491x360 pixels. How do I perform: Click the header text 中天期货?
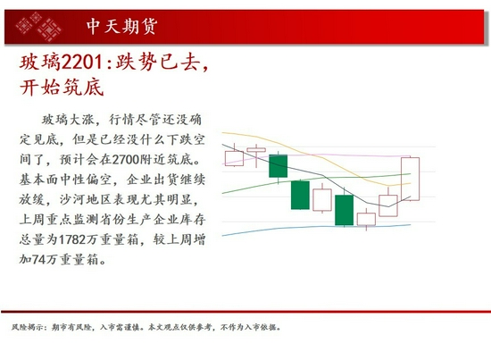pos(123,26)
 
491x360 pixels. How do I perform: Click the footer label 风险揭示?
pos(24,327)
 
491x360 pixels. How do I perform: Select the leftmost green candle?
pos(278,165)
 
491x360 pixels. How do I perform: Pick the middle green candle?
pos(300,195)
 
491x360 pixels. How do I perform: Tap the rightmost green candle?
pos(344,210)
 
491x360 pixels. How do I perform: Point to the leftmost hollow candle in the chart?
pos(234,157)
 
